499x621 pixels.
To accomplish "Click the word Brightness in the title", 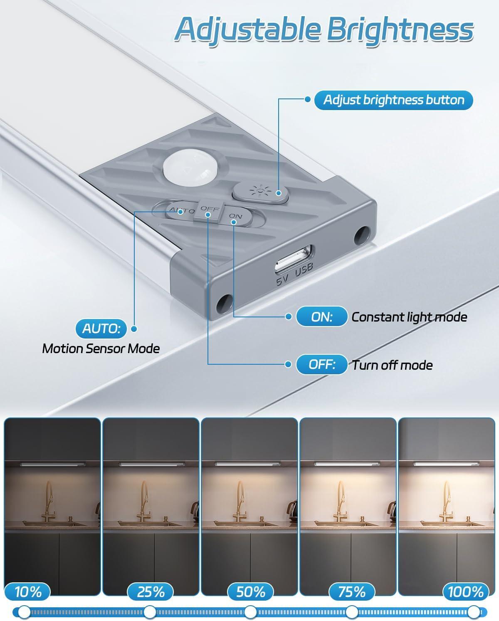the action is pyautogui.click(x=400, y=30).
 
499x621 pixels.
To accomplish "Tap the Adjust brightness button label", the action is pyautogui.click(x=393, y=100).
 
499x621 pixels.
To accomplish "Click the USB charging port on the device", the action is pyautogui.click(x=293, y=258).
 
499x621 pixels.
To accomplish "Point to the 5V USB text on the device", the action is pyautogui.click(x=294, y=275).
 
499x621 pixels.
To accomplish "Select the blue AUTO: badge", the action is pyautogui.click(x=101, y=329).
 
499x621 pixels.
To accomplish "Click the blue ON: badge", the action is pyautogui.click(x=321, y=317).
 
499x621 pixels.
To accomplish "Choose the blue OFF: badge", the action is pyautogui.click(x=321, y=364).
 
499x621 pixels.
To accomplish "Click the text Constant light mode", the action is pyautogui.click(x=409, y=317).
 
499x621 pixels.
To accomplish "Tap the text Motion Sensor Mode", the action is pyautogui.click(x=101, y=349).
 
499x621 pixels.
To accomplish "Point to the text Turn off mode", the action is pyautogui.click(x=392, y=365).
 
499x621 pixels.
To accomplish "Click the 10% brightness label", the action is pyautogui.click(x=28, y=592).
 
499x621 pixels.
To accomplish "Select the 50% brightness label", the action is pyautogui.click(x=250, y=592).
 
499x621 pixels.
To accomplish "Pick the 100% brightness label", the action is pyautogui.click(x=465, y=592).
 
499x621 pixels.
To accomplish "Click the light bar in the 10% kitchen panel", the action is pyautogui.click(x=53, y=465).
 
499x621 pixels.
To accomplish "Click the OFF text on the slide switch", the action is pyautogui.click(x=210, y=209).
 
